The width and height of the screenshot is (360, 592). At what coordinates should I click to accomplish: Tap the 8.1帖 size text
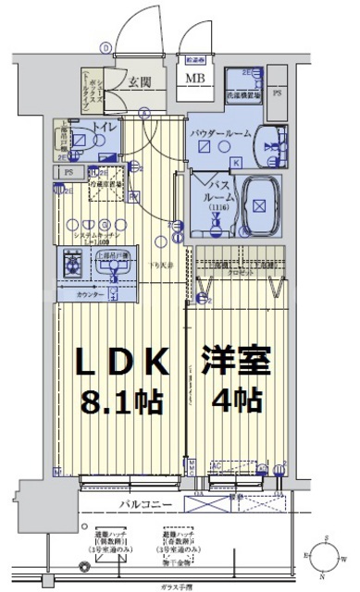(x=123, y=401)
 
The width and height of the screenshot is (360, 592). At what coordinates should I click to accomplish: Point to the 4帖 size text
(x=237, y=401)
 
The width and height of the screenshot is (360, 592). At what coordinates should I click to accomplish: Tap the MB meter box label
(x=197, y=78)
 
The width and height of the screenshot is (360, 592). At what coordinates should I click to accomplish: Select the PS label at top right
(x=279, y=92)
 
